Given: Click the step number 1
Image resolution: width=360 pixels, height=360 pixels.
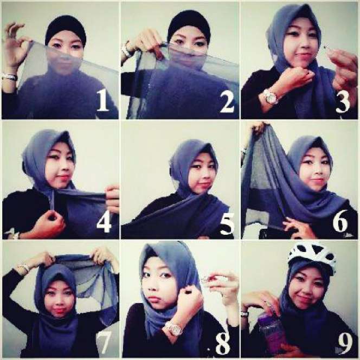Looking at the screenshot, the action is click(102, 100).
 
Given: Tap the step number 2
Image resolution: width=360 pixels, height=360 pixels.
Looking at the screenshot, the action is click(227, 101).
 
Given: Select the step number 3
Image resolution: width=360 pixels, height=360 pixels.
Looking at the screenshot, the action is click(343, 102).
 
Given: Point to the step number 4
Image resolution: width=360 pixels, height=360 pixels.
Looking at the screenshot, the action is click(104, 221).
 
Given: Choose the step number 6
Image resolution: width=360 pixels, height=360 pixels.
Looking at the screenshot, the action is click(340, 221).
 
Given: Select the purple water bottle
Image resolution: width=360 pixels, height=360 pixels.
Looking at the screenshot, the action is click(272, 332).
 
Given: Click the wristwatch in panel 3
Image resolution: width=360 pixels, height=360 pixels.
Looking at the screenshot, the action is click(271, 97).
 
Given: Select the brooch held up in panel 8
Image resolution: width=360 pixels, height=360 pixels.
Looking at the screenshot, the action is click(205, 279).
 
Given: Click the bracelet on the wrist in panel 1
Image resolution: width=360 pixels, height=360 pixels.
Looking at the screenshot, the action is click(9, 76).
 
